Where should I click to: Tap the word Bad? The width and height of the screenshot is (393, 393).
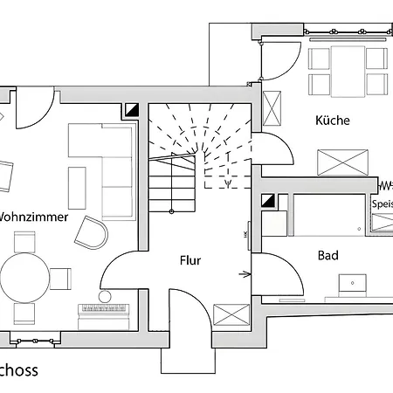tap(328, 256)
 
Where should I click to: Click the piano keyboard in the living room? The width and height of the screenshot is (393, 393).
tap(104, 309)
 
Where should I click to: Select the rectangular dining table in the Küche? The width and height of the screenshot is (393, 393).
tap(348, 71)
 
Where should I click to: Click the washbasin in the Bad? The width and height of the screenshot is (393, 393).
tap(354, 284)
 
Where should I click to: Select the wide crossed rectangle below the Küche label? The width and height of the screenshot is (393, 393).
tap(344, 162)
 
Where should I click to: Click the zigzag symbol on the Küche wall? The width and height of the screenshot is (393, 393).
tap(386, 185)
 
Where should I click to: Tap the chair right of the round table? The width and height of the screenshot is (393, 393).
tap(60, 279)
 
